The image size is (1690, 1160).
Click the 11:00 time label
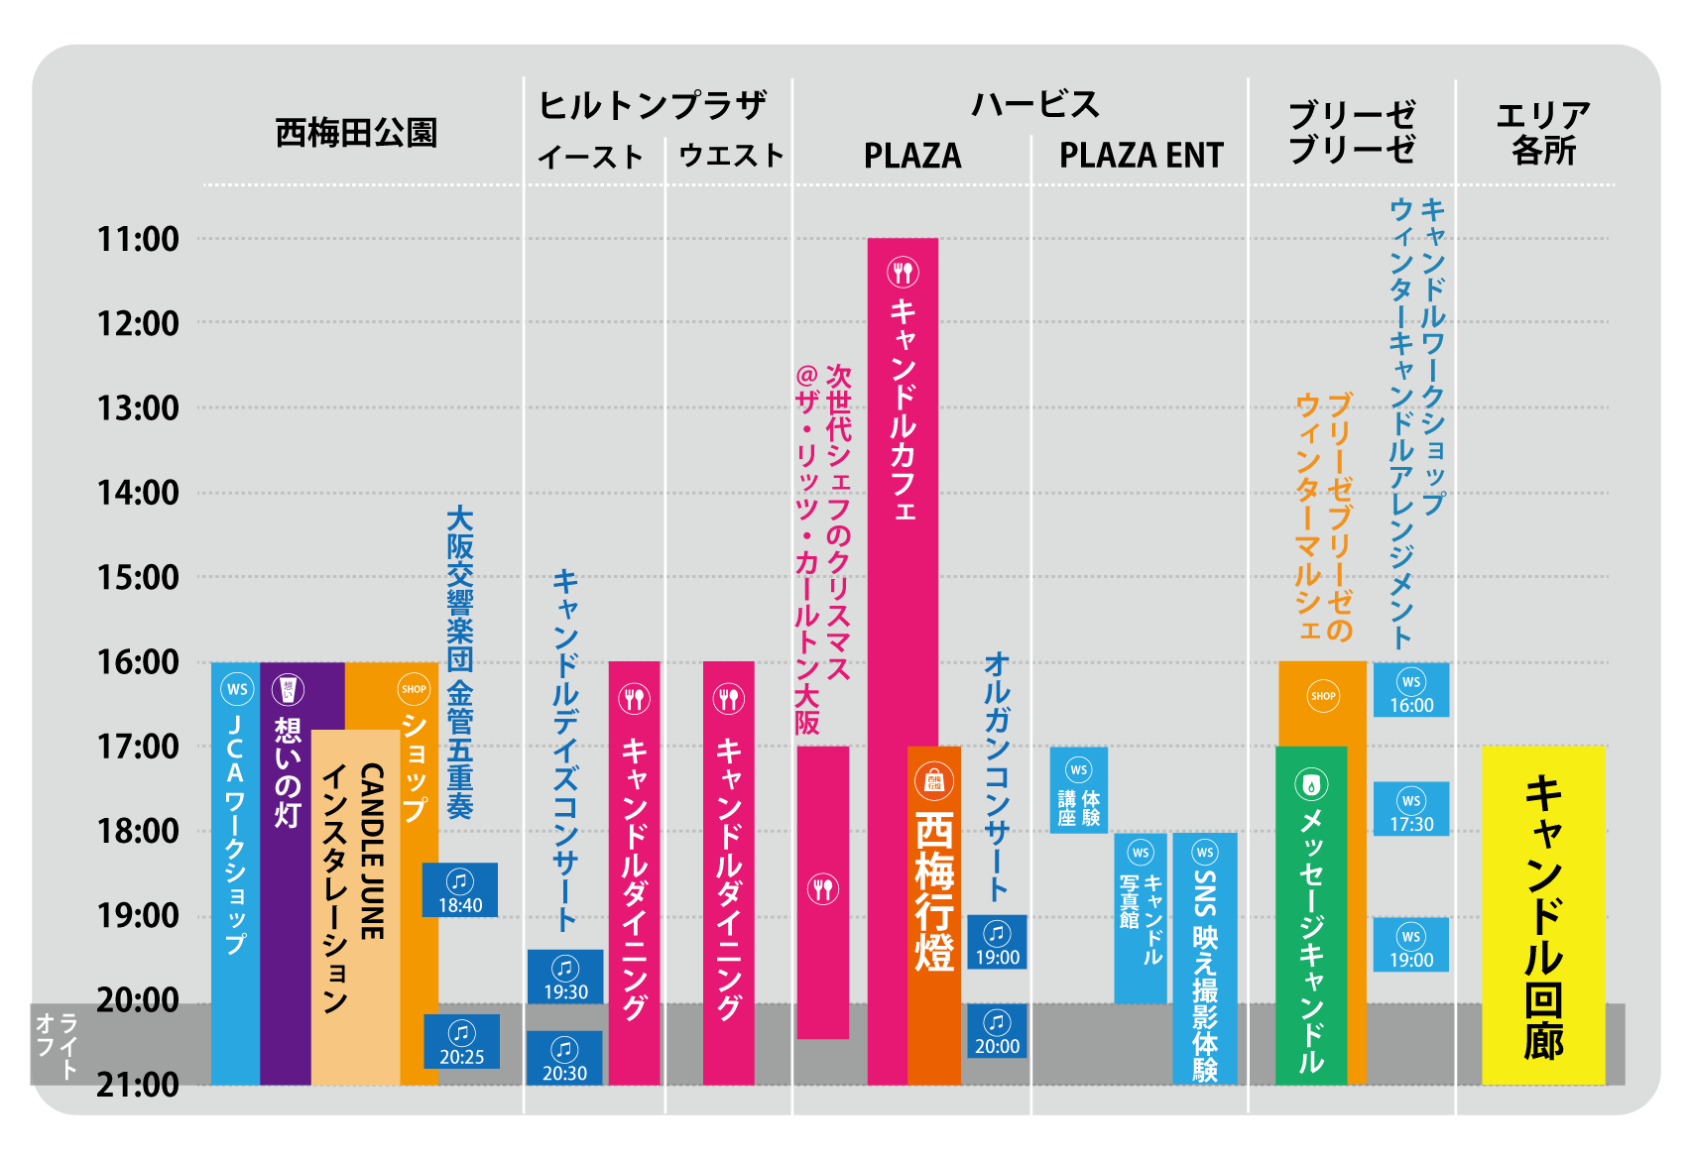[138, 239]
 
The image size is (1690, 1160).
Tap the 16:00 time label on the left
[138, 662]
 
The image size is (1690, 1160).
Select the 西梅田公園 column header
[356, 133]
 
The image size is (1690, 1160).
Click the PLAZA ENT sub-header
[1141, 156]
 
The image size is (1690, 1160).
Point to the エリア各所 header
[1542, 133]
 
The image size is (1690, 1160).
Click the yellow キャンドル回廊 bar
[1543, 915]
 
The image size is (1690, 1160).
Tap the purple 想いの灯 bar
[287, 872]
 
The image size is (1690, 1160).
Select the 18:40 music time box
[460, 890]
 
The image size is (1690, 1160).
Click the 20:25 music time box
[462, 1042]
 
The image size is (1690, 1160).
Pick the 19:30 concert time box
[565, 978]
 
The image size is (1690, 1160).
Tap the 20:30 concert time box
[564, 1059]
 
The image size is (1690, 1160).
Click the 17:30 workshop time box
[1411, 809]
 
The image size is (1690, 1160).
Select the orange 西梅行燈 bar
[934, 915]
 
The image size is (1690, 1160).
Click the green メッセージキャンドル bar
[1311, 915]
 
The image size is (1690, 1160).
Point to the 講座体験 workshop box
[1079, 790]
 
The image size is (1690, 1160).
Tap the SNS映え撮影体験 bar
[1205, 958]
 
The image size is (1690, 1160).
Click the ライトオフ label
[56, 1045]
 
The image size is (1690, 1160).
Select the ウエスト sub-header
[731, 156]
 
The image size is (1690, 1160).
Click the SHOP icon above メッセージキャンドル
[1323, 696]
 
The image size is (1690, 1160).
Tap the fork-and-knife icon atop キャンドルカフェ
[903, 272]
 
